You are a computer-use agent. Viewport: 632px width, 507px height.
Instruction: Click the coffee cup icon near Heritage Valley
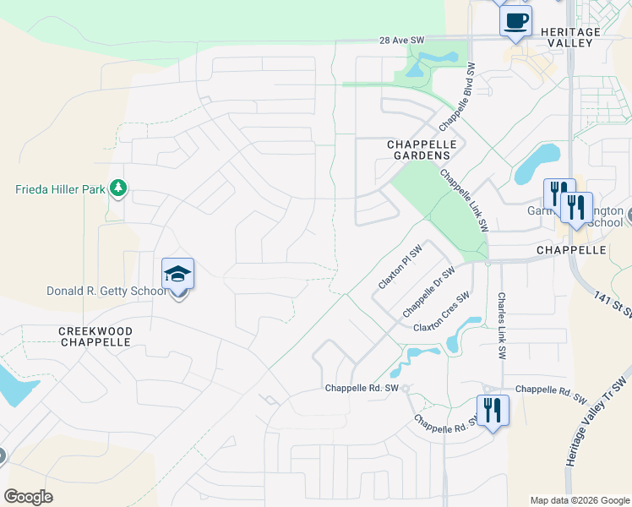click(x=515, y=20)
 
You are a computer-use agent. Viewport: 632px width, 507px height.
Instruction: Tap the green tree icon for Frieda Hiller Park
click(x=118, y=188)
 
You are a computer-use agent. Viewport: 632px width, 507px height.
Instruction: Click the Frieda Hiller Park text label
click(x=60, y=189)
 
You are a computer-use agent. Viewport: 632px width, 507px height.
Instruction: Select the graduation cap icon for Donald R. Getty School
click(x=178, y=275)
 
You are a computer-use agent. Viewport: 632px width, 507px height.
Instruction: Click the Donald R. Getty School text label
click(x=106, y=292)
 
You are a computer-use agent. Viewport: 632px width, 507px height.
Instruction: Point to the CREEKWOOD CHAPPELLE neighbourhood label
click(x=94, y=335)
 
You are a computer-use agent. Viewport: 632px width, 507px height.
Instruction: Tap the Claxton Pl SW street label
click(x=400, y=268)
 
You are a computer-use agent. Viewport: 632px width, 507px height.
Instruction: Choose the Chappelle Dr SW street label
click(x=428, y=289)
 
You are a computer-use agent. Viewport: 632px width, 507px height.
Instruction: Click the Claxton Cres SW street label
click(x=441, y=313)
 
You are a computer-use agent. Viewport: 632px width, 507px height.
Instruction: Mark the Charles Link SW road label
click(x=501, y=324)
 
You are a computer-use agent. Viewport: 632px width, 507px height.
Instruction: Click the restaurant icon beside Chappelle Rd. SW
click(x=491, y=411)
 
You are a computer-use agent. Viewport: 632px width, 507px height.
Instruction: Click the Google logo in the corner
click(x=28, y=497)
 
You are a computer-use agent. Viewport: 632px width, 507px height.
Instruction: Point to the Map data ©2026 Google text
click(x=579, y=500)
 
